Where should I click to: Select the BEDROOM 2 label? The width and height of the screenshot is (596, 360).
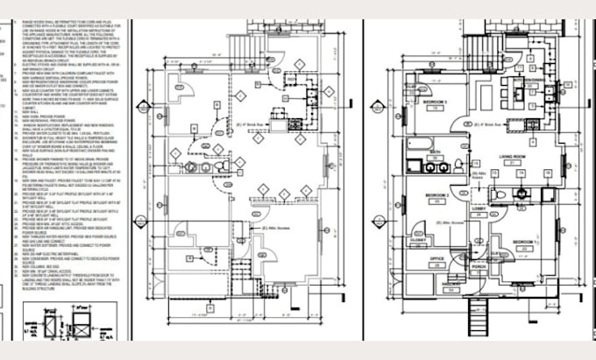pos(436,194)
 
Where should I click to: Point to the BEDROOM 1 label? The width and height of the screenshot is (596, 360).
pos(524,241)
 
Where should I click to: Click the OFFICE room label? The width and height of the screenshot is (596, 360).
pos(436,260)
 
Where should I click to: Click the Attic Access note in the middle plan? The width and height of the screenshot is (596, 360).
pos(273,229)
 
